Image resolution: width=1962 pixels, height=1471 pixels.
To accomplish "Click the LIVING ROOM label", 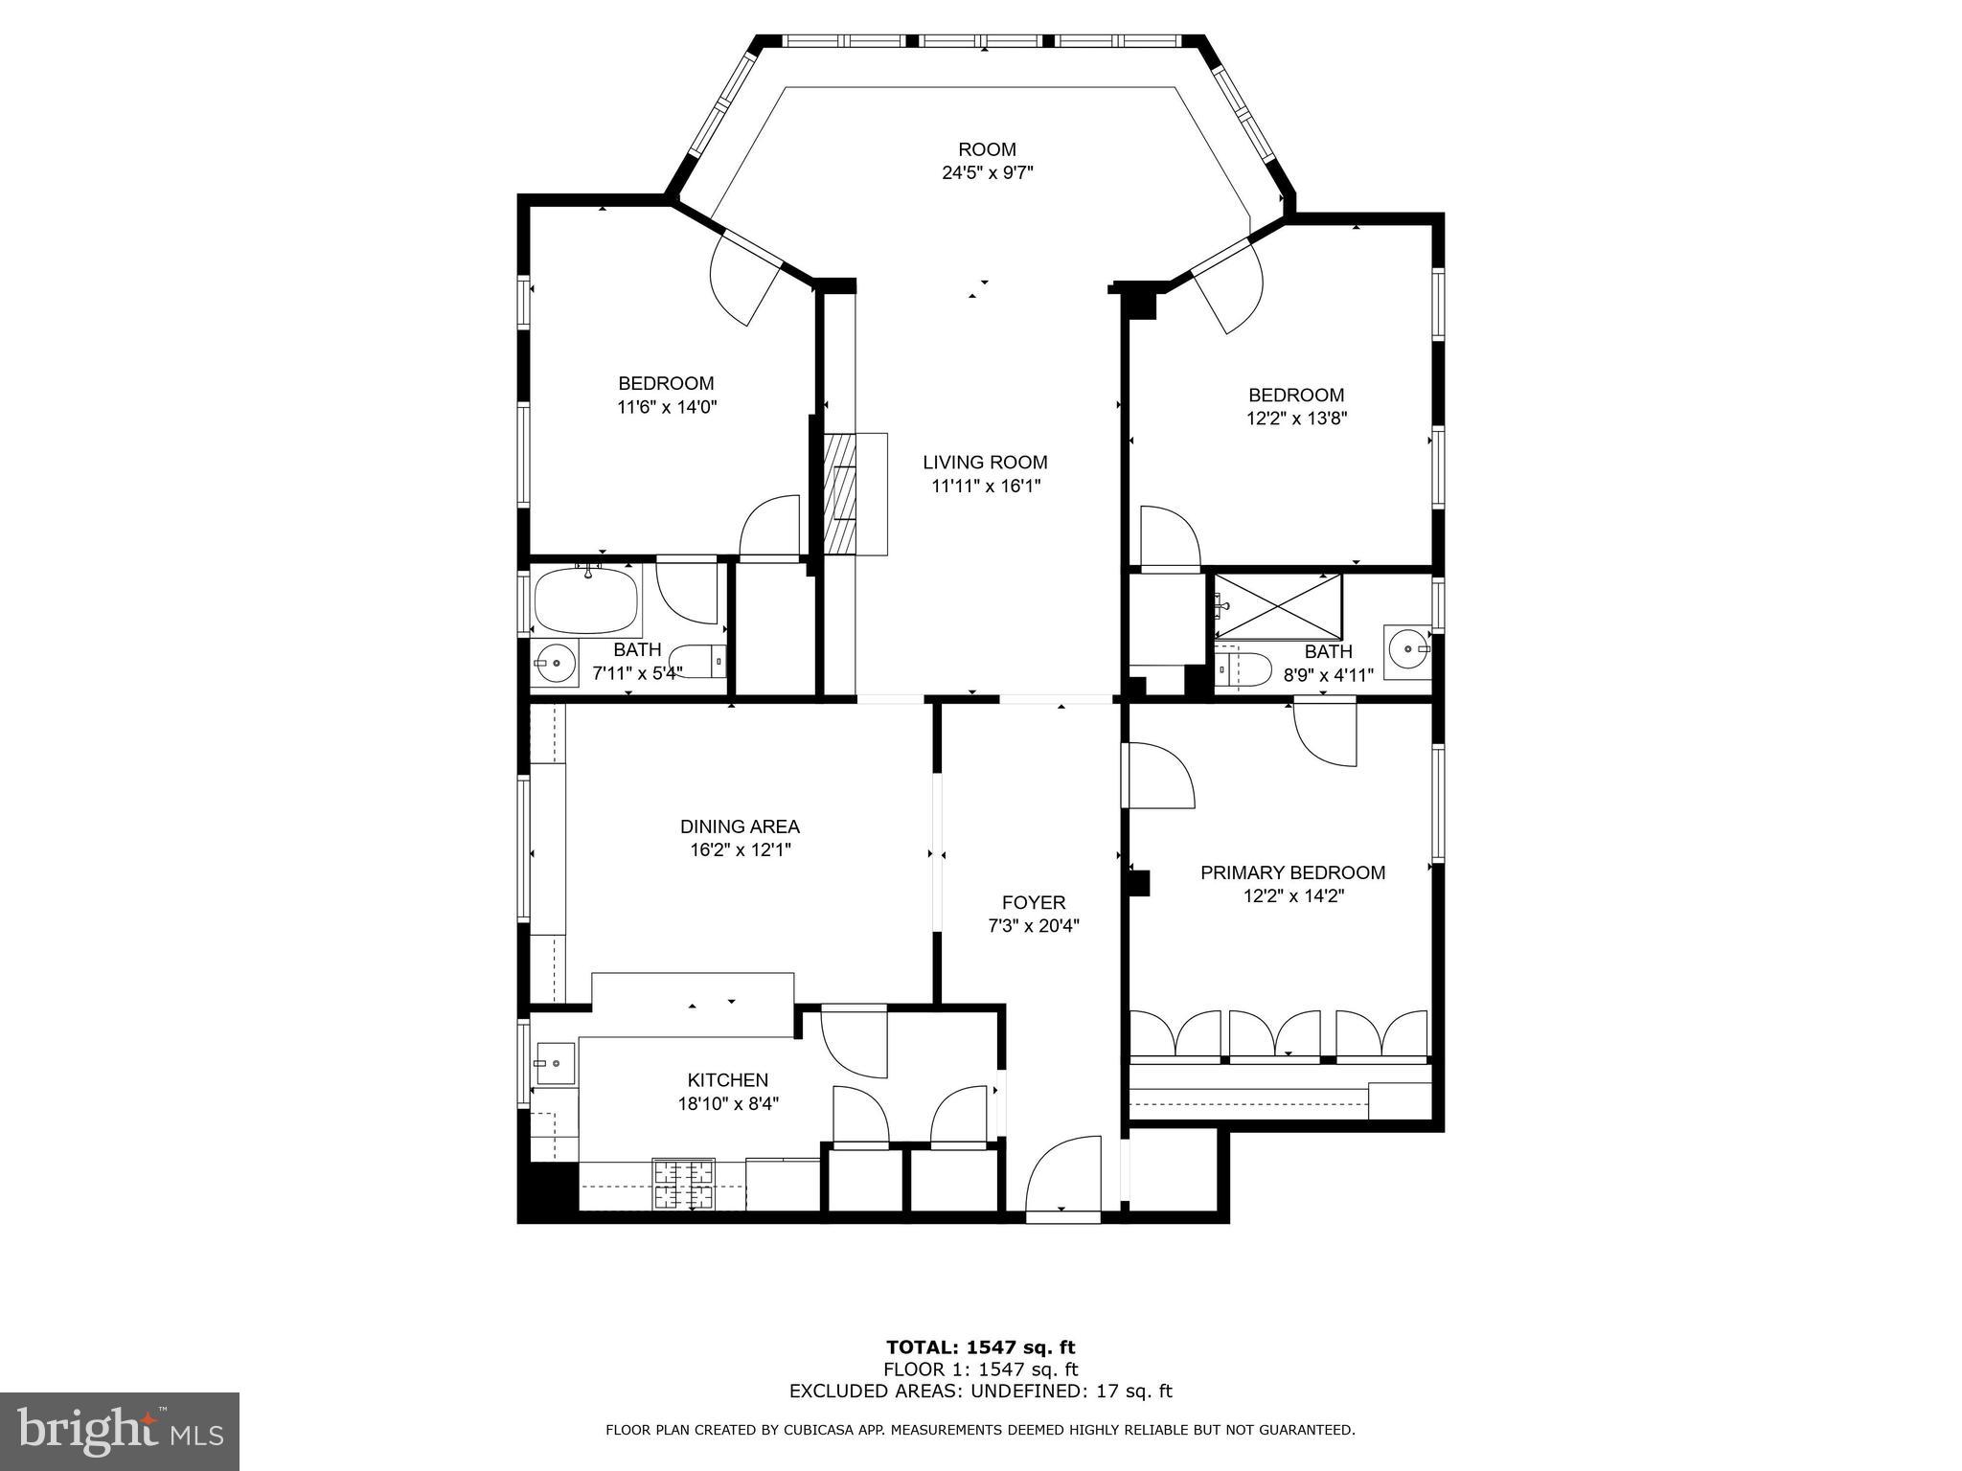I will click(985, 463).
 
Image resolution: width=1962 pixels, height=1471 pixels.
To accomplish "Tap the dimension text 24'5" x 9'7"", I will click(987, 173).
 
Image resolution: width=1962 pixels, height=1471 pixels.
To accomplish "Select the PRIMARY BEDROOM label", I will click(1292, 872).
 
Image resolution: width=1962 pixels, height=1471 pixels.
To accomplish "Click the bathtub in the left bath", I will click(584, 601).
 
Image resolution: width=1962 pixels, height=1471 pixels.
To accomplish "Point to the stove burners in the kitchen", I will click(684, 1185).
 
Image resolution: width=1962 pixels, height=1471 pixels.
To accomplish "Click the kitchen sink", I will click(555, 1063).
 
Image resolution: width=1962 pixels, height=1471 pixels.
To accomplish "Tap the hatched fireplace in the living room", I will click(840, 492).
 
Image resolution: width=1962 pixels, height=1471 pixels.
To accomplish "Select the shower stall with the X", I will click(1278, 604).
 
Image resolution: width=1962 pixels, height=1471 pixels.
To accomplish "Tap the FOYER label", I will click(1034, 902).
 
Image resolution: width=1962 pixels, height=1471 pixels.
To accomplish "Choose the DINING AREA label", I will click(740, 826).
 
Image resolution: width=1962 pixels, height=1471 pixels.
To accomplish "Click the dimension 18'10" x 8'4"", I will click(728, 1103).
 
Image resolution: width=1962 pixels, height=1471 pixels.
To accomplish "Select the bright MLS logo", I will click(120, 1432).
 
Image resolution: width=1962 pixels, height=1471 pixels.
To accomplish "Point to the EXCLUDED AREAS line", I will click(980, 1392).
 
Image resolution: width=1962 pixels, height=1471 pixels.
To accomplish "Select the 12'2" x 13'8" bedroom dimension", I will click(1296, 419).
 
